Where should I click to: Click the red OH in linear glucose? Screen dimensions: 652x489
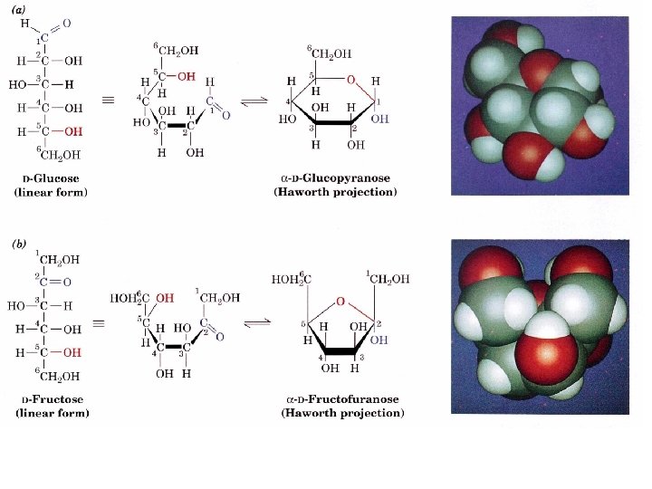pyautogui.click(x=72, y=131)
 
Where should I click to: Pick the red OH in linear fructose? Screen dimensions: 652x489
pyautogui.click(x=72, y=352)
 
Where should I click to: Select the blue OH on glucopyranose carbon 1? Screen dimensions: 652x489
pyautogui.click(x=379, y=118)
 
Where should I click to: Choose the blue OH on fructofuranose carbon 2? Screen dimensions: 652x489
pyautogui.click(x=379, y=340)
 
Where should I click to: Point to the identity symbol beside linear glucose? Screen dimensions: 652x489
pyautogui.click(x=109, y=100)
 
